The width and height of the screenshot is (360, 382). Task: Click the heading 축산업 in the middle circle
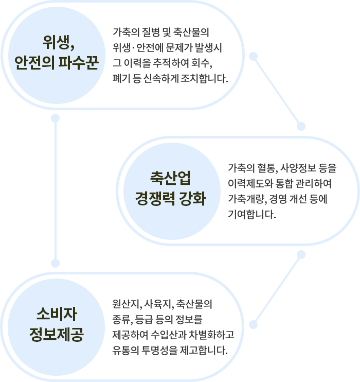coord(170,178)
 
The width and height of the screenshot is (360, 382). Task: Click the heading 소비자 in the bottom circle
coord(57,314)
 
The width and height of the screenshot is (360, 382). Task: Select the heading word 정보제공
coord(57,335)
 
